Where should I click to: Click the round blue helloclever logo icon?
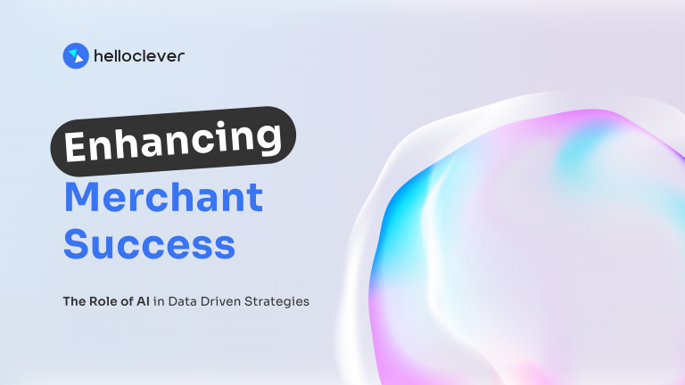(x=75, y=56)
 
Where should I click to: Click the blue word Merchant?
(x=163, y=197)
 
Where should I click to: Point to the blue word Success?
(x=149, y=244)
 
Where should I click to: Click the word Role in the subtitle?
(x=104, y=301)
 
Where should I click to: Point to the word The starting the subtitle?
(x=73, y=301)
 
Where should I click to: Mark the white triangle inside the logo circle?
(x=76, y=57)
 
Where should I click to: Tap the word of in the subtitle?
(x=129, y=301)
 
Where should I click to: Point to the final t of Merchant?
(x=256, y=198)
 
